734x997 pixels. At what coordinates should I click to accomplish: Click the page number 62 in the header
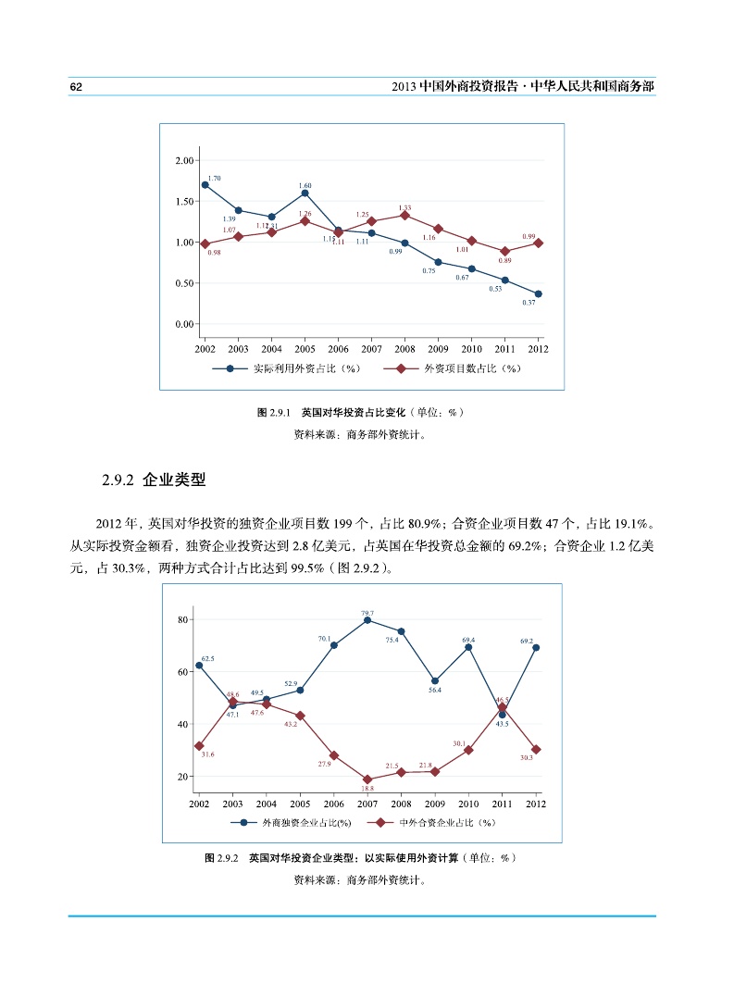(x=77, y=86)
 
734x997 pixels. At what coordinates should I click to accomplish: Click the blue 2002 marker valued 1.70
(x=205, y=185)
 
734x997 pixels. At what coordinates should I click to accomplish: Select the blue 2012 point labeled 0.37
(x=539, y=293)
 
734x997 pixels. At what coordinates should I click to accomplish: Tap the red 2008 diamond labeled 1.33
(x=404, y=215)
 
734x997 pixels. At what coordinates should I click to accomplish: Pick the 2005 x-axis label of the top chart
(x=305, y=349)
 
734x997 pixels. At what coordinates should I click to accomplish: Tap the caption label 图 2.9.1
(x=274, y=412)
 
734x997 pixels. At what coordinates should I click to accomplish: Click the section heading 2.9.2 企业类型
(x=153, y=480)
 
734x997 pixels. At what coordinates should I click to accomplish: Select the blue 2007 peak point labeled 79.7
(x=367, y=620)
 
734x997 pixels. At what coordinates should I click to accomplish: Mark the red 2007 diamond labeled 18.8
(x=367, y=779)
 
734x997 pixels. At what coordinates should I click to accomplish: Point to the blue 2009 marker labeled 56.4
(x=435, y=681)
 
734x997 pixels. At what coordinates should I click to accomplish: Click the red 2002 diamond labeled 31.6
(x=199, y=746)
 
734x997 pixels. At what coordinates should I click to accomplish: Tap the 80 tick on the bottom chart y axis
(x=183, y=618)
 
